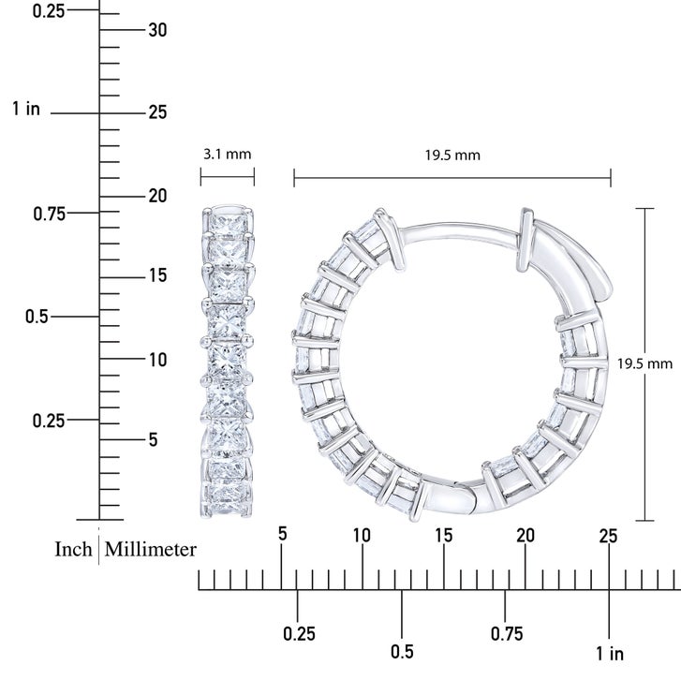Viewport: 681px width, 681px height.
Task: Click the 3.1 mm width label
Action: [227, 154]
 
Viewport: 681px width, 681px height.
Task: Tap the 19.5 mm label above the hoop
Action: [452, 155]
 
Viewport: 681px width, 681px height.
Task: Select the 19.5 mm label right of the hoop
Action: [645, 363]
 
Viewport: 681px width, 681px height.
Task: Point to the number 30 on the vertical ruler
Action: [157, 30]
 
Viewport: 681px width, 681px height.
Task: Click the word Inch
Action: [73, 549]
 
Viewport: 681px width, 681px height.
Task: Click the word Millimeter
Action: [150, 549]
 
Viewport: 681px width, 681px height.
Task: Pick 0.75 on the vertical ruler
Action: [50, 214]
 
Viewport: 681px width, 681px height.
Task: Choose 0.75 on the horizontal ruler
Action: [507, 633]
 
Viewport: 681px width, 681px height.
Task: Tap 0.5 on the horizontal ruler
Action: [402, 651]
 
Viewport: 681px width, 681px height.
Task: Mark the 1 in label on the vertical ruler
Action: [26, 108]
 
